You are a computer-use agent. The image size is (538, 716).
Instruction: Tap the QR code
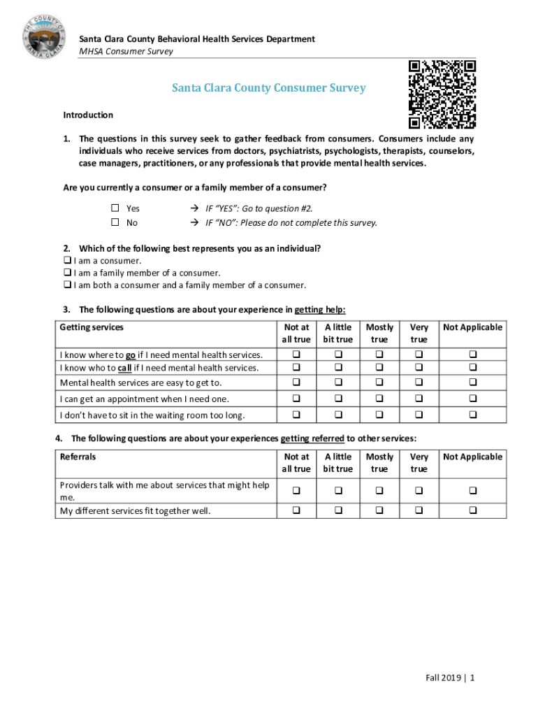tap(442, 94)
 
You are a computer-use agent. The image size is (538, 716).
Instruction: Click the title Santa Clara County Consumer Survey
tap(269, 88)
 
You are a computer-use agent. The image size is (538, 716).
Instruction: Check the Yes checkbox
tap(116, 208)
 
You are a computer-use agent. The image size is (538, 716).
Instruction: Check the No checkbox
tap(116, 222)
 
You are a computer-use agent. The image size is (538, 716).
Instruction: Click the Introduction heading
tap(88, 115)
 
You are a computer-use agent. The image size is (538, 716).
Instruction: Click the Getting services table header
tap(92, 327)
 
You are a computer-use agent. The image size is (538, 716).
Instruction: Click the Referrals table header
tap(78, 457)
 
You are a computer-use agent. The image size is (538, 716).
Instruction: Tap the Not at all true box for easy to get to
tap(296, 382)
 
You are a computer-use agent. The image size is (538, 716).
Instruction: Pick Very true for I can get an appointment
tap(419, 399)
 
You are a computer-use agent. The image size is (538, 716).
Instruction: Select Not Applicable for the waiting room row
tap(472, 415)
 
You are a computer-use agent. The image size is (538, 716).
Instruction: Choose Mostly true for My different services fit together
tap(379, 511)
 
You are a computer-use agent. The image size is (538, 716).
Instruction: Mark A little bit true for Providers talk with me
tap(337, 491)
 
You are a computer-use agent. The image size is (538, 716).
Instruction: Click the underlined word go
tap(131, 355)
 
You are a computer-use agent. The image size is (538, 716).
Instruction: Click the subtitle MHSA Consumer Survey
tap(126, 51)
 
